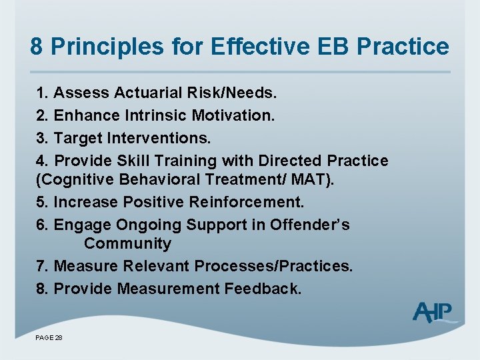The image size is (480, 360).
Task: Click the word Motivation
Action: pos(233,115)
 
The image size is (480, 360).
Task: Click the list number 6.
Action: pos(42,225)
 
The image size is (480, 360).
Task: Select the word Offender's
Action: pos(309,225)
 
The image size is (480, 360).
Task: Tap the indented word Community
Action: pos(127,243)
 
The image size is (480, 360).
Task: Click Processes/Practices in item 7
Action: pos(273,266)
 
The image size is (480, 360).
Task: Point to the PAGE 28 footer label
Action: pos(49,339)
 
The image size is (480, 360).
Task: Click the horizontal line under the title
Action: pos(240,72)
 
